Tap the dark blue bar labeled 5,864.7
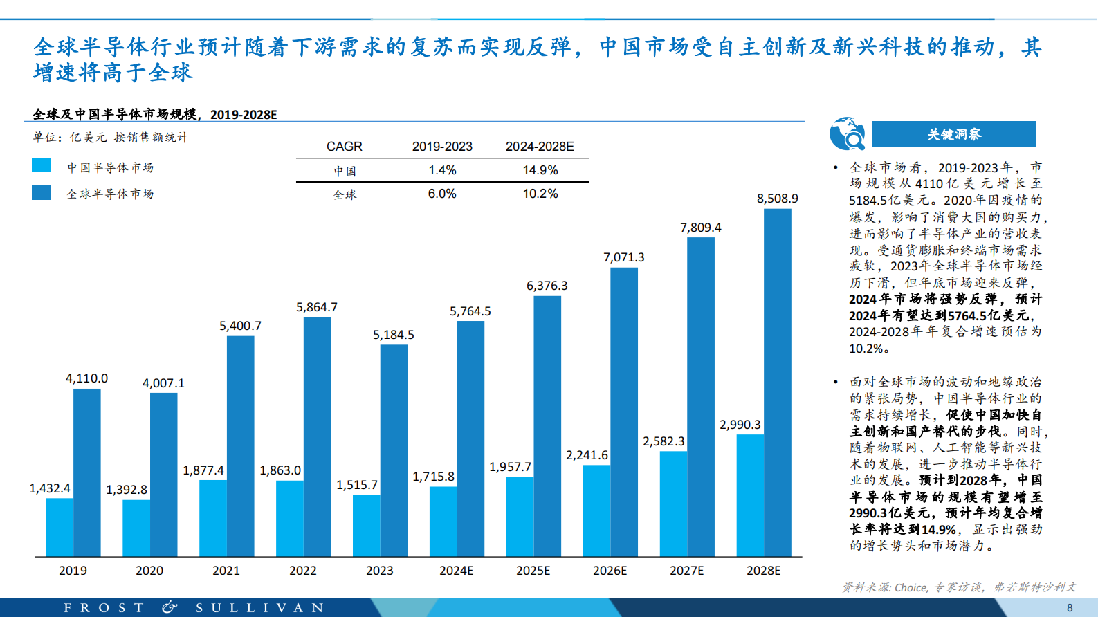(x=317, y=436)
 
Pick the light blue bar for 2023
(x=366, y=526)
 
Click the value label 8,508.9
(x=777, y=199)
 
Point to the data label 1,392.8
(x=127, y=490)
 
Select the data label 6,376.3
(x=547, y=286)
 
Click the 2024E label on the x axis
(x=456, y=571)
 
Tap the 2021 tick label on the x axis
(x=226, y=571)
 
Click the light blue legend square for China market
(x=42, y=165)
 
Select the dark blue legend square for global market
(x=42, y=192)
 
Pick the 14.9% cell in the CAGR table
(x=540, y=170)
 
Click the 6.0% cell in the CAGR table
(x=442, y=194)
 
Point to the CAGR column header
(x=344, y=147)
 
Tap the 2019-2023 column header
(x=442, y=147)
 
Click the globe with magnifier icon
(x=847, y=134)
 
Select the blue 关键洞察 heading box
(x=954, y=134)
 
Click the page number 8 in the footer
(x=1070, y=608)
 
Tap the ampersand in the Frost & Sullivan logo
(x=170, y=607)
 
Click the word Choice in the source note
(x=911, y=587)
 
